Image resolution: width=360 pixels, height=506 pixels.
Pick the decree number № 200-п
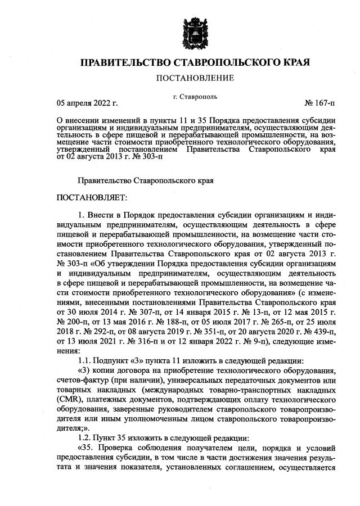pyautogui.click(x=75, y=323)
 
